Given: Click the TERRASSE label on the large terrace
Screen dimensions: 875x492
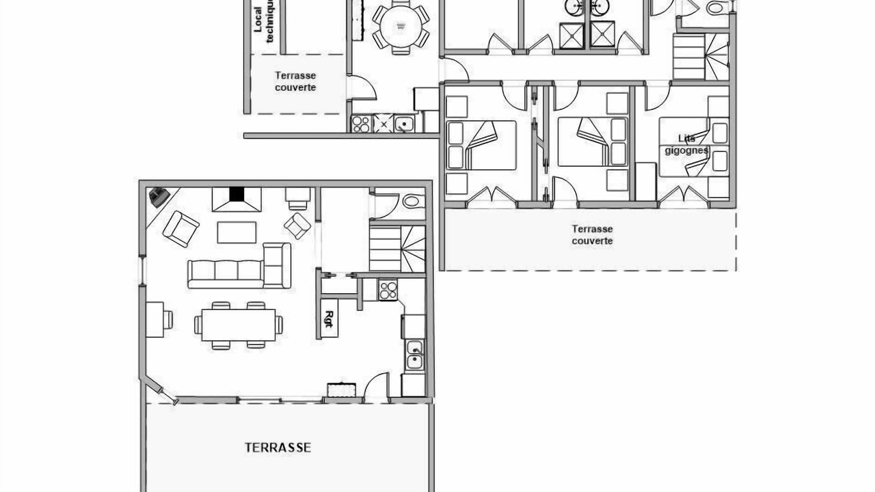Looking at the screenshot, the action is pos(278,448).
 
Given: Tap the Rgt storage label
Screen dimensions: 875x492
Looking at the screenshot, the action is pos(329,318).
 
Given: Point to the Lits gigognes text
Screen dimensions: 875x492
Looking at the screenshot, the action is pos(686,144).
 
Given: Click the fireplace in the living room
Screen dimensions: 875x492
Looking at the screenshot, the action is pos(237,200).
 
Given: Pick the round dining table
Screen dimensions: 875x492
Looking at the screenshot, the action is pos(401,26).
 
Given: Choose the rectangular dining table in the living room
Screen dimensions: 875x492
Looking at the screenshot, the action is pos(239,325).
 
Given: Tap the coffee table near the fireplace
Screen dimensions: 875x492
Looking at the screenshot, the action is pos(237,232).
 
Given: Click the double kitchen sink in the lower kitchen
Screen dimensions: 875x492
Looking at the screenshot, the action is pos(414,355).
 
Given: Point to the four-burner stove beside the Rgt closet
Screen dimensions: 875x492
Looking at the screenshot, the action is pos(388,290).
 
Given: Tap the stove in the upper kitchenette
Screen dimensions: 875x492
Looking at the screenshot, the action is pos(361,124).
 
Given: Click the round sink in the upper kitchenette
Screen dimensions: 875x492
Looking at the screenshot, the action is pos(404,124).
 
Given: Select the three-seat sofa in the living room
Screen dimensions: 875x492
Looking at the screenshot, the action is pos(226,274).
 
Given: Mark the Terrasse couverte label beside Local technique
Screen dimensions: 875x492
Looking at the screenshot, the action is pos(295,81).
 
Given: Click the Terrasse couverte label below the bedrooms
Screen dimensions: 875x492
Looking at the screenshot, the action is pos(592,234).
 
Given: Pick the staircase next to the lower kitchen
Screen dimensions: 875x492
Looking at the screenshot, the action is pos(397,249).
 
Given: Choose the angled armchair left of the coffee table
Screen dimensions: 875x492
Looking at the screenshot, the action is pos(181,229).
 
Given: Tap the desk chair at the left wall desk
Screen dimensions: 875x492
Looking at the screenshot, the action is pos(168,319).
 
